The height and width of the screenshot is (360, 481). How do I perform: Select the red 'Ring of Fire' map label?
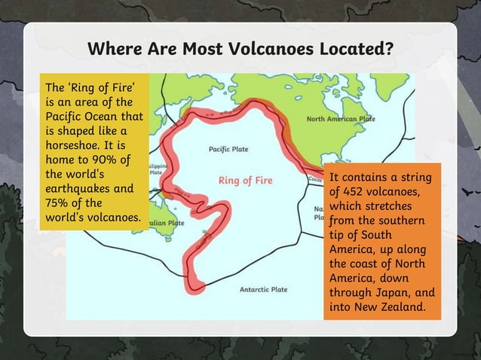click(x=245, y=181)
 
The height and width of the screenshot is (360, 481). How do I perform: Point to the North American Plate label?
click(x=341, y=120)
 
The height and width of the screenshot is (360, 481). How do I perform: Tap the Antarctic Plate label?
click(x=263, y=289)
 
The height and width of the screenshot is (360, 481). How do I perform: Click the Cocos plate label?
click(x=317, y=179)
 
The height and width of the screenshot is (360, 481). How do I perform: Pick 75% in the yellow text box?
click(x=58, y=203)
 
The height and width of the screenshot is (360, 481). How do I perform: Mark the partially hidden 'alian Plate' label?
click(x=165, y=224)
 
